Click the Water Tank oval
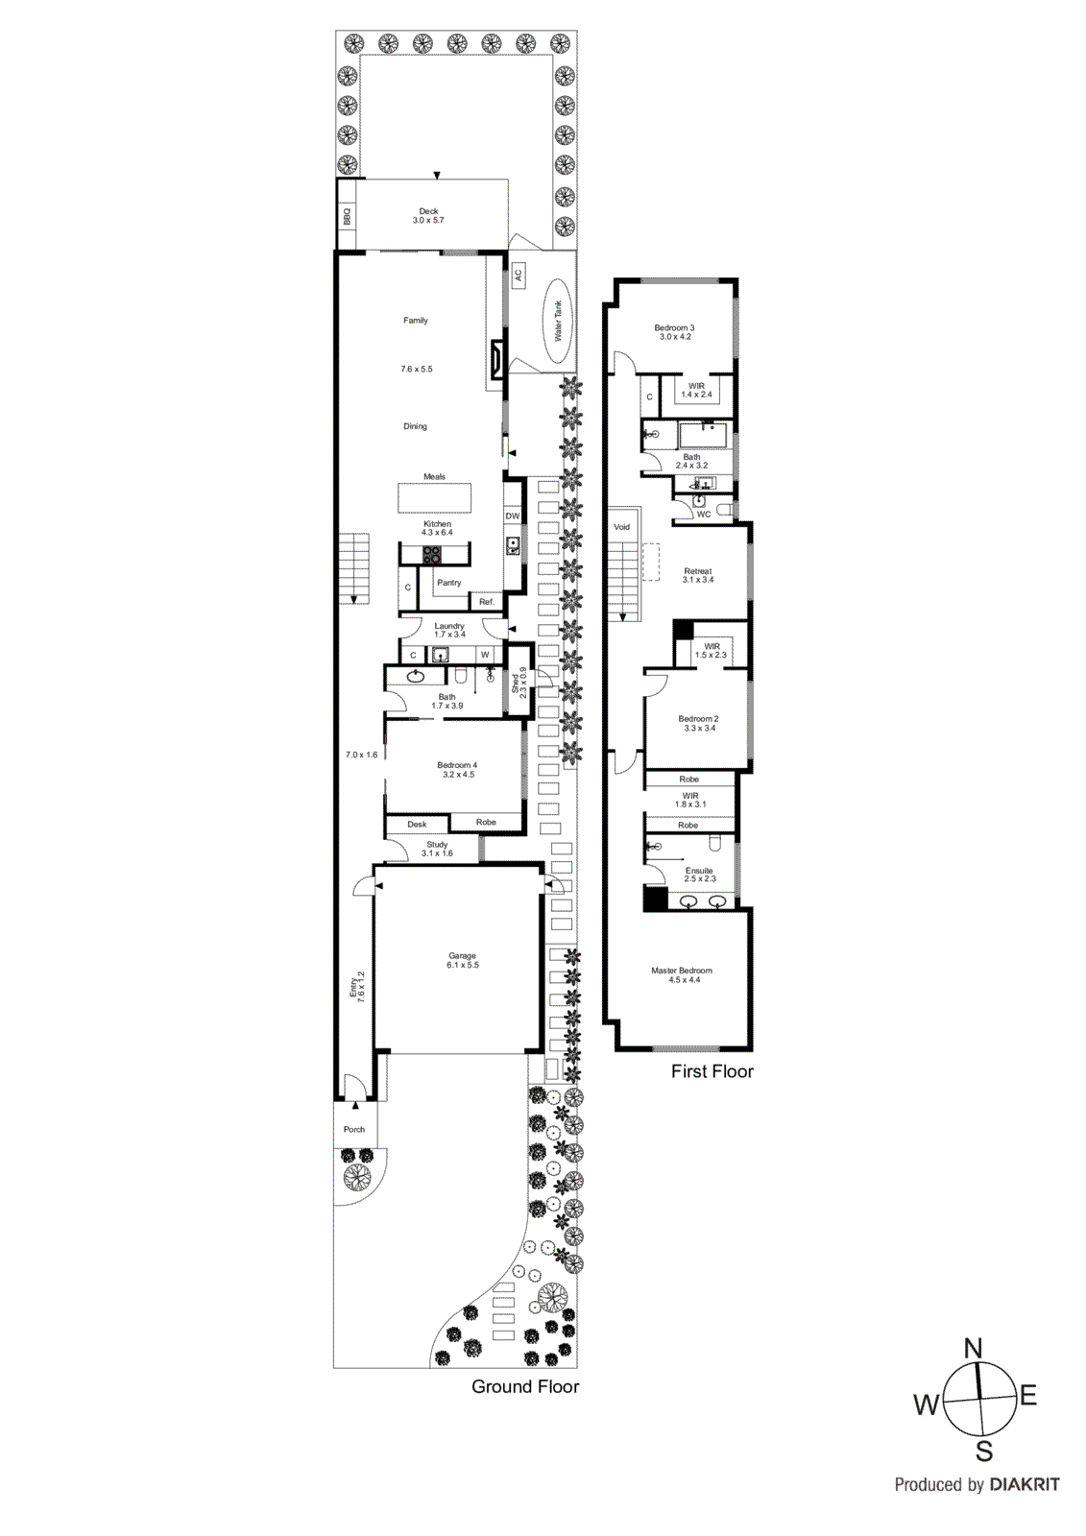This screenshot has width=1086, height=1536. click(x=557, y=322)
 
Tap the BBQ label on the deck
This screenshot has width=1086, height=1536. click(x=347, y=216)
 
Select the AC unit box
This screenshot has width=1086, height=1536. click(x=518, y=276)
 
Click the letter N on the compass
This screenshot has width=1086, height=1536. click(x=973, y=1348)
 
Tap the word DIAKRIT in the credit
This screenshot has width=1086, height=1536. click(x=1025, y=1484)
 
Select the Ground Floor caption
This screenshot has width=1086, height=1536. click(x=525, y=1386)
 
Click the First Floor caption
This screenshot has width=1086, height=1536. click(x=712, y=1071)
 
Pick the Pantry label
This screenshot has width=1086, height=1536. click(x=448, y=583)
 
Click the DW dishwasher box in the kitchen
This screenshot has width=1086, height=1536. click(x=513, y=516)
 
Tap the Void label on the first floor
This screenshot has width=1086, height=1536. click(x=622, y=527)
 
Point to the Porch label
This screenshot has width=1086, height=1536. click(x=354, y=1129)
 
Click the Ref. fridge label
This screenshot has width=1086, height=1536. click(x=487, y=602)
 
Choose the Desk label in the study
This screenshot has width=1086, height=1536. click(x=417, y=824)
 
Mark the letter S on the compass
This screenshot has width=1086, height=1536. click(x=984, y=1452)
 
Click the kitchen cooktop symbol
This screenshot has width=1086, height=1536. click(x=432, y=554)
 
